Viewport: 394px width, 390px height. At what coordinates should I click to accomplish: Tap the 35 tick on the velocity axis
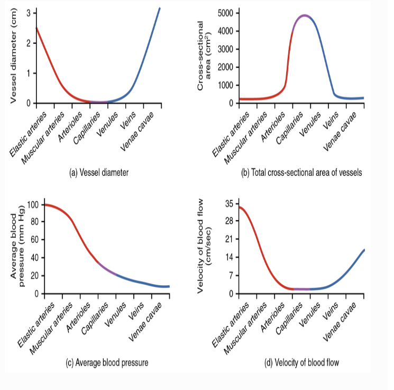tap(228, 204)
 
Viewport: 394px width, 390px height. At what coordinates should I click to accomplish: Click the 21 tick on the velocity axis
tap(228, 239)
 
